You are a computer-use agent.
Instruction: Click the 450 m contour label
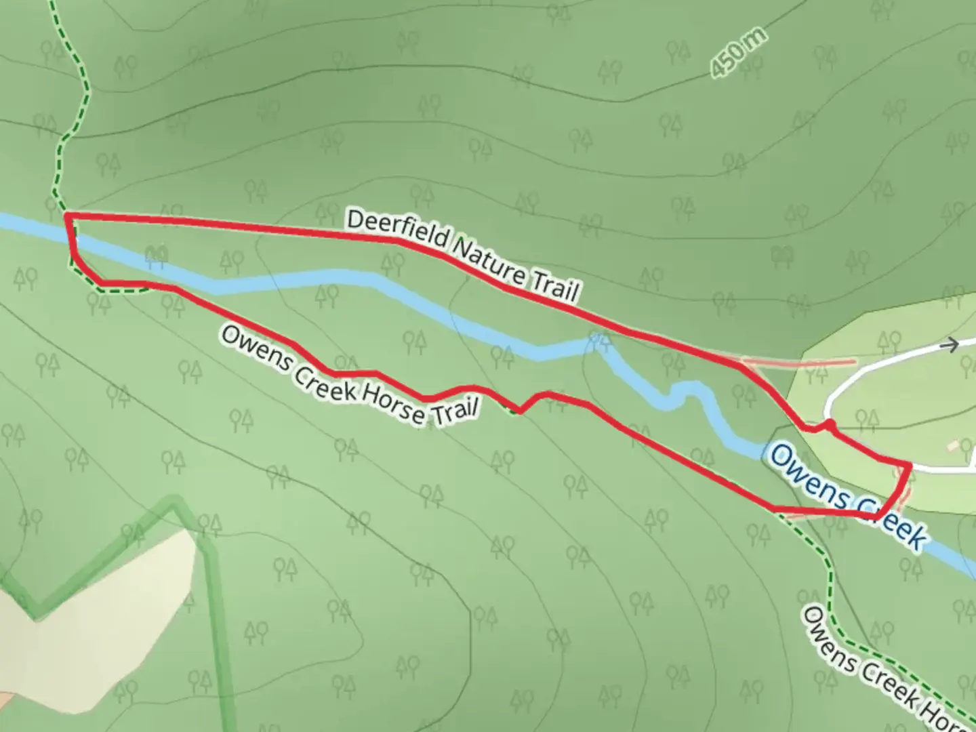pyautogui.click(x=739, y=52)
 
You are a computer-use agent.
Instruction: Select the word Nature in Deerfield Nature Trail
pyautogui.click(x=488, y=261)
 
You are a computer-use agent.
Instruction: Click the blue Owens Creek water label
pyautogui.click(x=847, y=493)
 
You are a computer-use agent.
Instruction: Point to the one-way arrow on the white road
pyautogui.click(x=950, y=345)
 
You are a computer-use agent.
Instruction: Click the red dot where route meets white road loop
pyautogui.click(x=828, y=424)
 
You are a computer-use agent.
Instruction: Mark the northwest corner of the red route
pyautogui.click(x=66, y=216)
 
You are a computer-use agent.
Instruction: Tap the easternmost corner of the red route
pyautogui.click(x=909, y=464)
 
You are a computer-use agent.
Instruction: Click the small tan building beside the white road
pyautogui.click(x=954, y=445)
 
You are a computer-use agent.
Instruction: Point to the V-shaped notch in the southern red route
pyautogui.click(x=519, y=410)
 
